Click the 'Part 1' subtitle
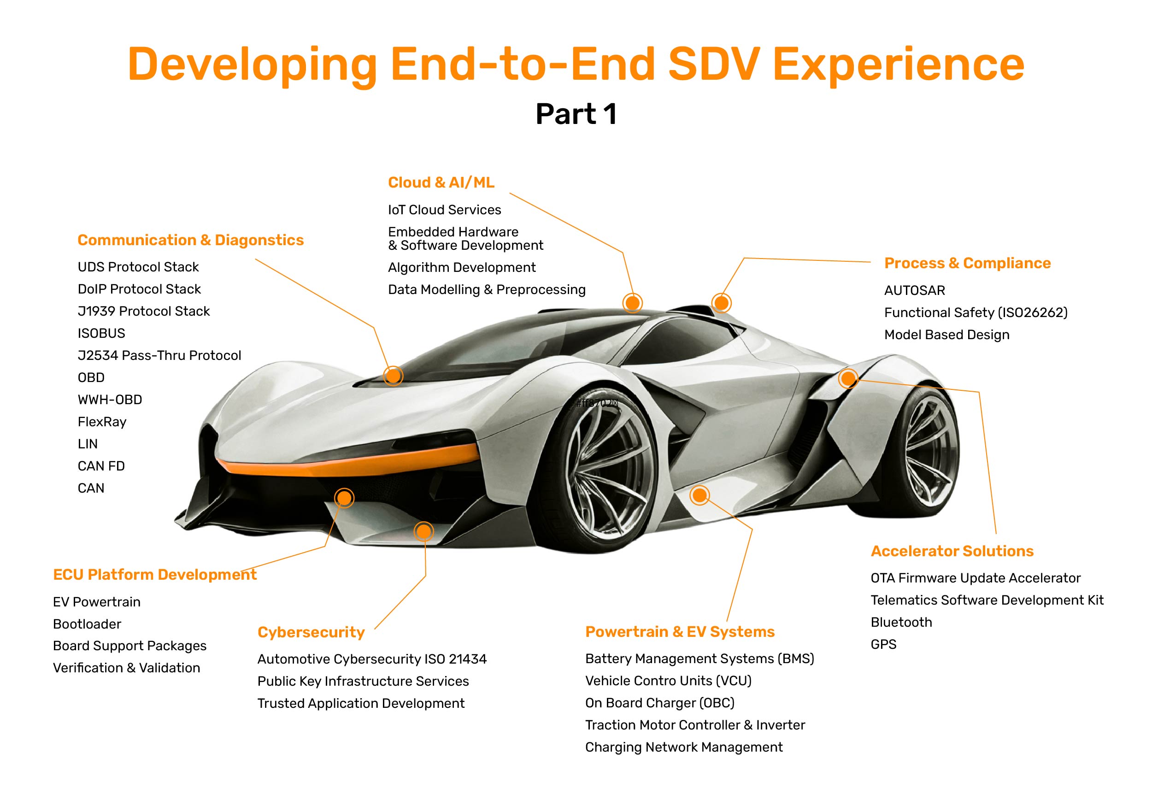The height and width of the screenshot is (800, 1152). pos(576,114)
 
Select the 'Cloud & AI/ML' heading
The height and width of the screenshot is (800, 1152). pos(441,182)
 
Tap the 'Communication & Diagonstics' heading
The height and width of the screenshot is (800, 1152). pos(190,240)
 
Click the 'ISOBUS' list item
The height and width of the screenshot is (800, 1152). pos(101,333)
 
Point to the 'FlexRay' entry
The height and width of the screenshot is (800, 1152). pos(102,422)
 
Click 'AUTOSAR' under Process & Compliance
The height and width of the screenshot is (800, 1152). pos(915,291)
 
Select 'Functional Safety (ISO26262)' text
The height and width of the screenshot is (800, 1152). pos(976,313)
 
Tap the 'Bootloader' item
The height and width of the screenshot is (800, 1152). pos(87,624)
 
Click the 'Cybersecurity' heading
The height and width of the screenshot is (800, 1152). pos(311,632)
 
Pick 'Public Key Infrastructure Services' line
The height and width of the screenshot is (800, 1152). pos(363,681)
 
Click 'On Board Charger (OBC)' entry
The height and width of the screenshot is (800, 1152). pos(659,703)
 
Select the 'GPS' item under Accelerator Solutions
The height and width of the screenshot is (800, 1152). pos(883,644)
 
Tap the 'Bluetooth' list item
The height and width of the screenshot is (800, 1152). pos(901,622)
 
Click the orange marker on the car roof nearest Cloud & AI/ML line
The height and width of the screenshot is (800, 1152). pos(632,303)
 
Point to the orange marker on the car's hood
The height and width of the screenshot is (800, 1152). pos(394,376)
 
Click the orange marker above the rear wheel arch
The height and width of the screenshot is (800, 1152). pos(848,378)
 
